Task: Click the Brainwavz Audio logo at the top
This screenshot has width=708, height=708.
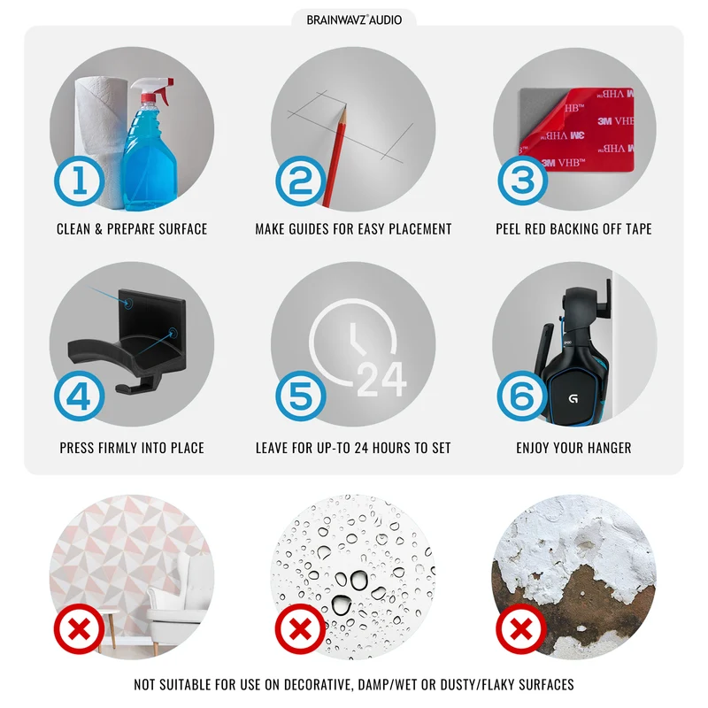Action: pyautogui.click(x=354, y=19)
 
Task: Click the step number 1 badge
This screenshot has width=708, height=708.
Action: pyautogui.click(x=80, y=181)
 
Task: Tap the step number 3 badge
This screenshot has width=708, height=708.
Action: pyautogui.click(x=523, y=181)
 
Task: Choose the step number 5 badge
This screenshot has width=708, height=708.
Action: pyautogui.click(x=301, y=396)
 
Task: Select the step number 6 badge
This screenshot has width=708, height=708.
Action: pyautogui.click(x=522, y=396)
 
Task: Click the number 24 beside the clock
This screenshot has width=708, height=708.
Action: pyautogui.click(x=381, y=380)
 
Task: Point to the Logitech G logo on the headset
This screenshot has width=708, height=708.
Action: pyautogui.click(x=573, y=399)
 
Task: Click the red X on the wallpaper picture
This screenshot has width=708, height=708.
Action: pyautogui.click(x=79, y=629)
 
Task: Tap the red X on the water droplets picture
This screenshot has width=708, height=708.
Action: pyautogui.click(x=300, y=629)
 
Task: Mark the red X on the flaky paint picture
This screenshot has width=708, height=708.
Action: pyautogui.click(x=521, y=629)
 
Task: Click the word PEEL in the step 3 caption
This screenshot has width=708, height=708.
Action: pyautogui.click(x=508, y=229)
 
